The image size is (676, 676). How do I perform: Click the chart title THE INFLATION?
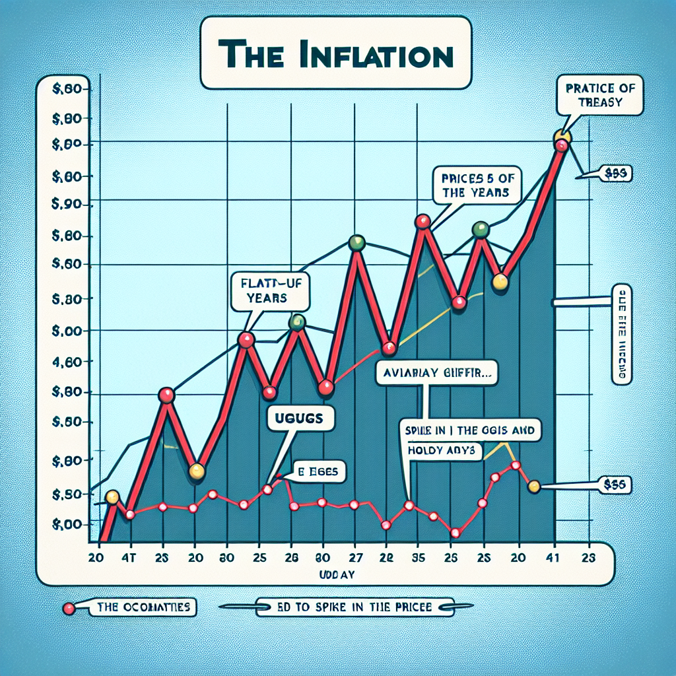336,53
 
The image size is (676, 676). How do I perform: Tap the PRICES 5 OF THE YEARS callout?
475,185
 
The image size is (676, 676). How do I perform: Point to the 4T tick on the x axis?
130,557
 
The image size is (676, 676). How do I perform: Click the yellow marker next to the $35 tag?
534,487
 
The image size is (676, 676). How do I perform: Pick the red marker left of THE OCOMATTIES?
68,608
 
